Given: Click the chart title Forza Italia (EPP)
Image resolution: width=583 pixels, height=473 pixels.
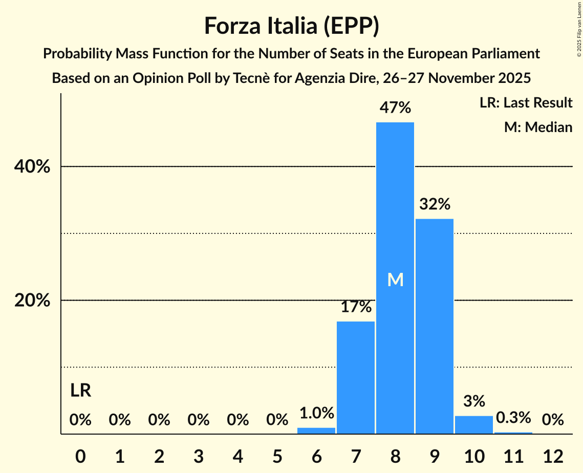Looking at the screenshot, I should point(291,26).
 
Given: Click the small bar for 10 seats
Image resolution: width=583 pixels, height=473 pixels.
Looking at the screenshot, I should point(474,425).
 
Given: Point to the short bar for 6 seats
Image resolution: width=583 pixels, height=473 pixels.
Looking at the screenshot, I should point(316,431).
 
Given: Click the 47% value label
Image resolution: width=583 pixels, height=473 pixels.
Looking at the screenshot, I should point(395,108).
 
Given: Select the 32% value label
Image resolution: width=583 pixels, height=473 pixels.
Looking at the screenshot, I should point(435,204).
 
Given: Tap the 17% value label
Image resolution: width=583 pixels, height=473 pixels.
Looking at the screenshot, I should point(356,307).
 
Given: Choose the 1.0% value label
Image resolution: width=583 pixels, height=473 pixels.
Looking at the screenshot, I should point(316,413).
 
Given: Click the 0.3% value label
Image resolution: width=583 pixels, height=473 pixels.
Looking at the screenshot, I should point(513,418).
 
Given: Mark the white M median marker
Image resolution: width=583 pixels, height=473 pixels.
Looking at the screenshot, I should point(395,279).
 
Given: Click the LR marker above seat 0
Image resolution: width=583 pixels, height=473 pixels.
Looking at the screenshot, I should point(80,391).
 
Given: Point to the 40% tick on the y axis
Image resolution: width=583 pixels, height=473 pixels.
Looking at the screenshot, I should point(32,167).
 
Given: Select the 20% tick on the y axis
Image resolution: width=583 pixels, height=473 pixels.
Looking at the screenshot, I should point(32,300).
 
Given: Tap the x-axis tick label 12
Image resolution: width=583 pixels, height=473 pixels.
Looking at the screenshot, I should point(553,456).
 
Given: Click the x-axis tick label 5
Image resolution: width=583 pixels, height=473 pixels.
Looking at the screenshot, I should point(277,456).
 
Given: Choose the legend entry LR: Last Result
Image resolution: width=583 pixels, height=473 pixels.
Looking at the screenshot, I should point(526,103).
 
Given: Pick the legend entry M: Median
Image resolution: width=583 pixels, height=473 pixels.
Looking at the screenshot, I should point(538,127).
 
